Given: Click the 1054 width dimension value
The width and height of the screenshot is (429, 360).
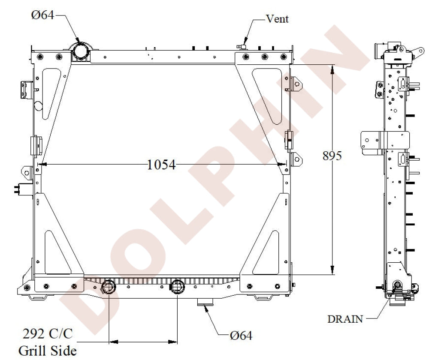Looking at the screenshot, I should click(x=161, y=165).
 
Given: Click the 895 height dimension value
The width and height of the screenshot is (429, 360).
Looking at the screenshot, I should click(x=332, y=156).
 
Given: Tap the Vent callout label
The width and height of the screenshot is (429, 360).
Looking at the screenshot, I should click(x=277, y=19).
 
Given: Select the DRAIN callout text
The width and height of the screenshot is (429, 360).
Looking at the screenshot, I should click(x=345, y=319).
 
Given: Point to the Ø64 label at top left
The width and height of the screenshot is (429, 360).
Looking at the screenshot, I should click(x=42, y=16).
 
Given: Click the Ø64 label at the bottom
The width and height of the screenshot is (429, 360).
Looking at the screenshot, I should click(x=241, y=335).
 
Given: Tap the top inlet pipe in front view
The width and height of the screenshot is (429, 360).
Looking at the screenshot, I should click(x=80, y=51).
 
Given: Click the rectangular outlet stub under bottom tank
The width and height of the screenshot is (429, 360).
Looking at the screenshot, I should click(x=205, y=304).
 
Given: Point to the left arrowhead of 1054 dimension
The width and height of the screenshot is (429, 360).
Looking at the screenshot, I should click(x=41, y=164).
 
